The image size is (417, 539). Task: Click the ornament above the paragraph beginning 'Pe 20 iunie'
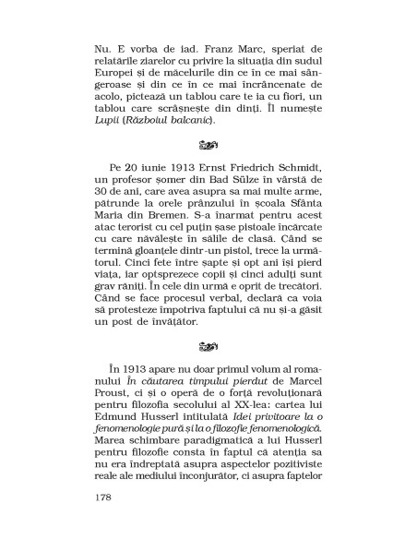[x=208, y=146]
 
